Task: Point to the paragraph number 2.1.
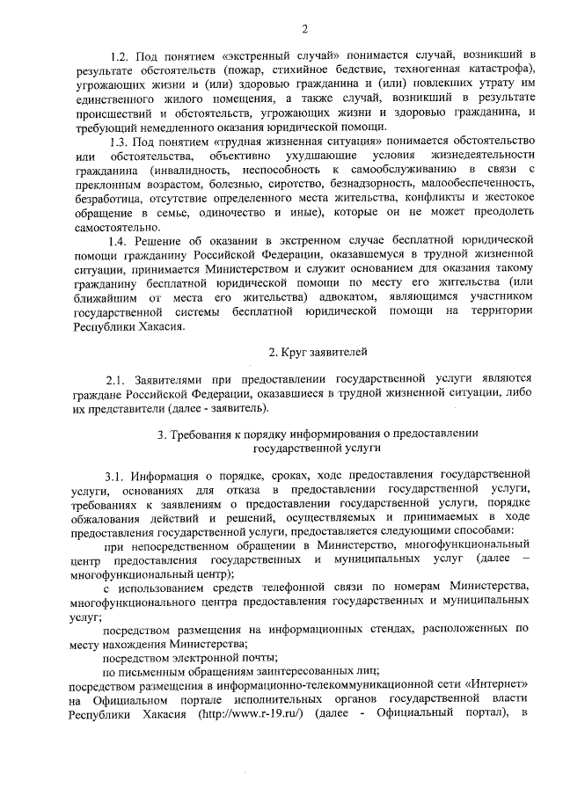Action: pos(118,380)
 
